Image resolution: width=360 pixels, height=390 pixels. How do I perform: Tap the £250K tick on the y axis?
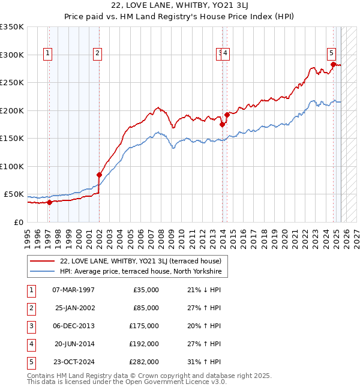12,83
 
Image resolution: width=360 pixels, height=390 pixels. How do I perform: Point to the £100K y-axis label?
12,166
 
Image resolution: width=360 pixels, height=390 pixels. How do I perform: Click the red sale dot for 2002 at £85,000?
100,175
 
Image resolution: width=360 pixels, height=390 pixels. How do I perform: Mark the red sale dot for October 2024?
334,65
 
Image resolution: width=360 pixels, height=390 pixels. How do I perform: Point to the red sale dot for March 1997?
49,202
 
